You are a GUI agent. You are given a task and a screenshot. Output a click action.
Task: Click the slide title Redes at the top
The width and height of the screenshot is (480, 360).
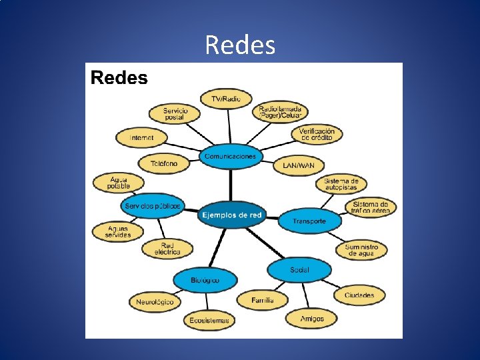240,45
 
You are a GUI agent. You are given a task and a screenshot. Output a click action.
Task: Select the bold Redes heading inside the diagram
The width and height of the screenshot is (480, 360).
119,78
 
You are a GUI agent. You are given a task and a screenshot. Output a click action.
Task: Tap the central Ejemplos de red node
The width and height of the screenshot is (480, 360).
231,215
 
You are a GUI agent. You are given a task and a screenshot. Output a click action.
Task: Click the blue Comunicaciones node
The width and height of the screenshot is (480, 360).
230,156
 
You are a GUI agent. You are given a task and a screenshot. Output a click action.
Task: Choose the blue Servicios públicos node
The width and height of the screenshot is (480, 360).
153,206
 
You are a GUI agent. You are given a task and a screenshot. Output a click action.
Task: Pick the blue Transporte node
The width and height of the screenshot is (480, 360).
309,221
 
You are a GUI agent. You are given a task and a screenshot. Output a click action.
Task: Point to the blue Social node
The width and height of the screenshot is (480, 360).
299,270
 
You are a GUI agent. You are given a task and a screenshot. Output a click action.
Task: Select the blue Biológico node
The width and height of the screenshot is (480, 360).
205,281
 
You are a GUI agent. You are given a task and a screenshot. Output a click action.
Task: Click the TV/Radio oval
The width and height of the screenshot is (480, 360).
226,99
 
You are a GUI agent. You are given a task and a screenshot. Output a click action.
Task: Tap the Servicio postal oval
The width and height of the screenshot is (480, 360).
175,113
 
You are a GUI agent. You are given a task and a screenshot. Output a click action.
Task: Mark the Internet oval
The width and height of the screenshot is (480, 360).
141,138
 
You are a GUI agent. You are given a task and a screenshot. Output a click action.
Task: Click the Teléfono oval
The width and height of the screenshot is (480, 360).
164,163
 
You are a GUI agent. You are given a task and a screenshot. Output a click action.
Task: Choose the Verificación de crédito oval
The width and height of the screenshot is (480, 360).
317,134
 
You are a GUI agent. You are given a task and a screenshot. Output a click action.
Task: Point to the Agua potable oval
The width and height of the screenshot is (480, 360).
119,183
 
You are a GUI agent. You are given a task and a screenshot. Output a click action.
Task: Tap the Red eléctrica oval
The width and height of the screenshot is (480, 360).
167,249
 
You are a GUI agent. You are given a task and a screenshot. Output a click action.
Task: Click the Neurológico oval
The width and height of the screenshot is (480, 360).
155,302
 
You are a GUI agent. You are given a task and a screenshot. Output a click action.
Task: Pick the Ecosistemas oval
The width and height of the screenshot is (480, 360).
209,320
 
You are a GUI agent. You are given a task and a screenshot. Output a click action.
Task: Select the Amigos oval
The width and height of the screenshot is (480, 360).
312,319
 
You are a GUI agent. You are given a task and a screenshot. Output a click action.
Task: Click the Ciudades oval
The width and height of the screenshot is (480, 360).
359,295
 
